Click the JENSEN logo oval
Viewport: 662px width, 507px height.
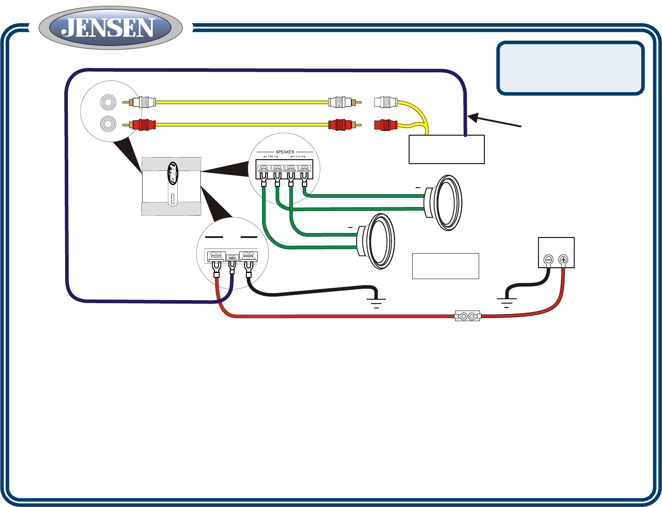110,28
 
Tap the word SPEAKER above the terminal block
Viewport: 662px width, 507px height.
285,152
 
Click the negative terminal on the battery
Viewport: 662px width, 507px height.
548,260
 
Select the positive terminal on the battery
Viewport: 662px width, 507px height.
563,260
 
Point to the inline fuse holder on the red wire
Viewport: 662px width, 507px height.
468,316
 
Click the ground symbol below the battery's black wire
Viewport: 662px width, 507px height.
507,302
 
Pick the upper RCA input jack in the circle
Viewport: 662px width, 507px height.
108,102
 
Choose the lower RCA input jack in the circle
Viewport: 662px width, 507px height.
108,124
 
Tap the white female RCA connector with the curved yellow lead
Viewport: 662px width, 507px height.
385,102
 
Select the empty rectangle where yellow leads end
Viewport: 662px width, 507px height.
446,149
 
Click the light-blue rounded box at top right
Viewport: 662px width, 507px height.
570,68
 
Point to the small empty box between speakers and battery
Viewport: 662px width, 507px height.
445,266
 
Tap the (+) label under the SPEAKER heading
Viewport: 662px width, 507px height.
270,156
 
